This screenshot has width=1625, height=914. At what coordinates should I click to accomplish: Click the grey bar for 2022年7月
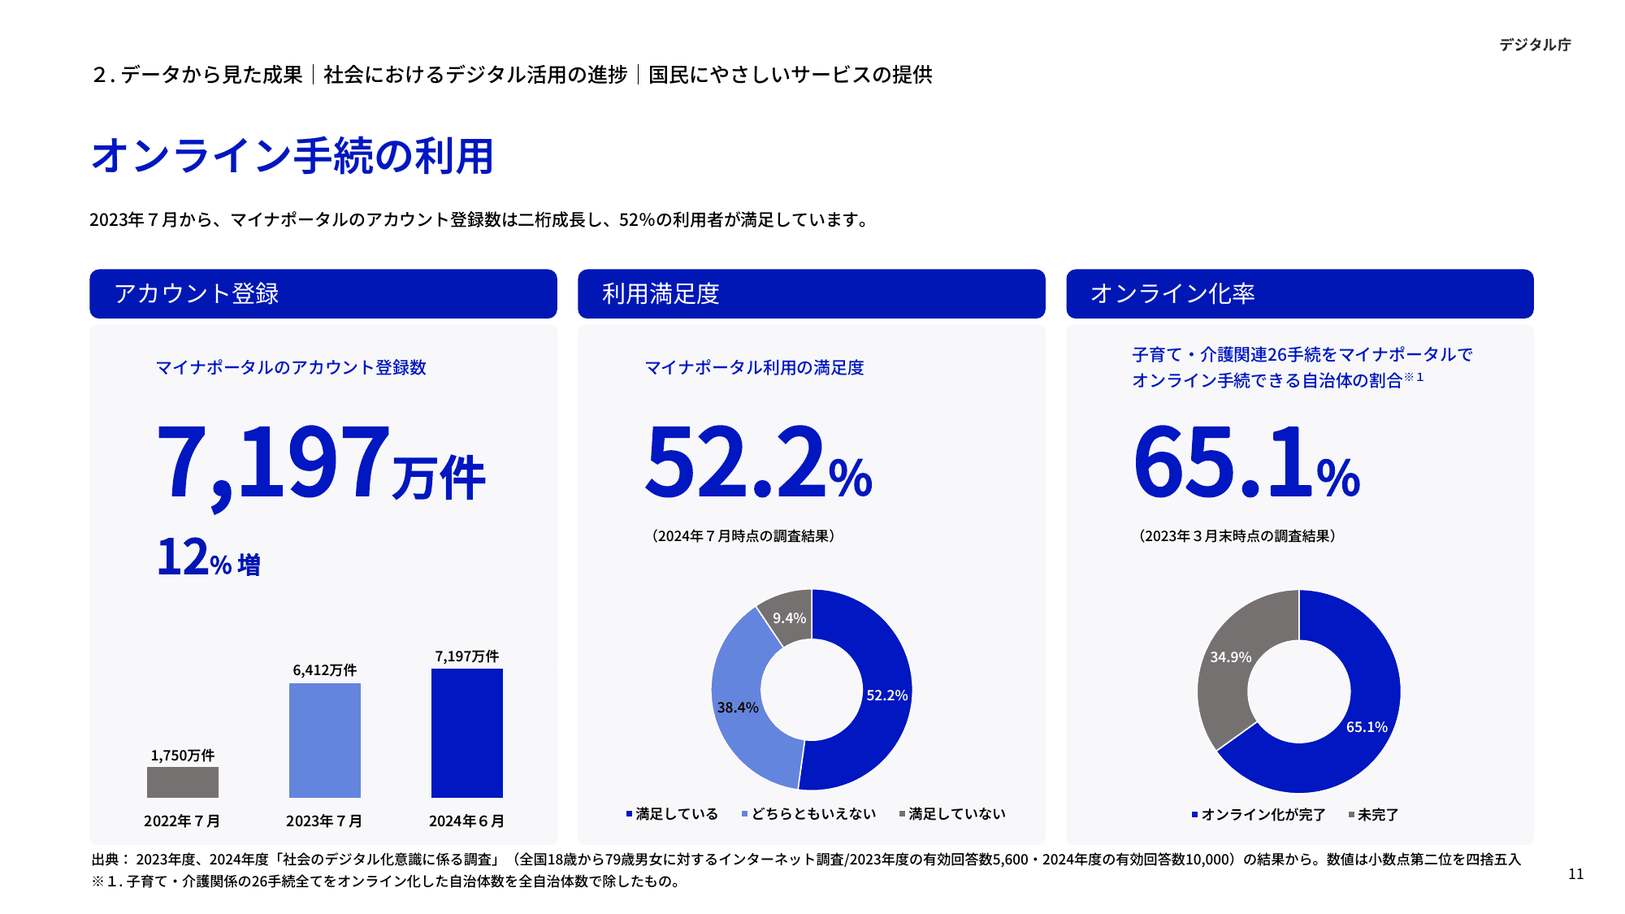(x=183, y=782)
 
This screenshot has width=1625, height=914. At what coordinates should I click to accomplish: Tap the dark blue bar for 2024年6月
(x=467, y=733)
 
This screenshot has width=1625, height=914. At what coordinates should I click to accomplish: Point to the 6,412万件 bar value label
(x=325, y=670)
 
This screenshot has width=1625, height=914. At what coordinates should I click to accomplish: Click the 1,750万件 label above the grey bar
(x=183, y=756)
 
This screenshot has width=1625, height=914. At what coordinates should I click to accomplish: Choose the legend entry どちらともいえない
(x=812, y=814)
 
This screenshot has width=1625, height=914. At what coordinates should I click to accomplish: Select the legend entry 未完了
(x=1377, y=815)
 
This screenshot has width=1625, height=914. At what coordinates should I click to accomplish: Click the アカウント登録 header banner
(x=323, y=293)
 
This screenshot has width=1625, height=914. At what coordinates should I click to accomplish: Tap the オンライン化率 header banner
(x=1300, y=293)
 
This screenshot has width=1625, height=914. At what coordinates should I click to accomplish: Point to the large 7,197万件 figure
(x=321, y=463)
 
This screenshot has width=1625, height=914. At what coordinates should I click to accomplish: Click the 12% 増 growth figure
(x=209, y=559)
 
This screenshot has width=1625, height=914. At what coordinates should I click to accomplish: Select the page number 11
(x=1575, y=874)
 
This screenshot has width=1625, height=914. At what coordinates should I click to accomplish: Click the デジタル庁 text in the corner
(x=1535, y=45)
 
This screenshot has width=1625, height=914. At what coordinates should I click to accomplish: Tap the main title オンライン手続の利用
(x=292, y=156)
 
